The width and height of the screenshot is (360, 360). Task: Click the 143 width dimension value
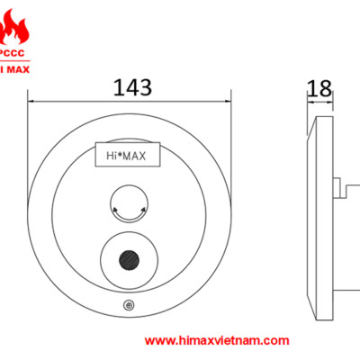click(131, 88)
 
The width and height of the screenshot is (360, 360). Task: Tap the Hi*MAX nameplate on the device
click(127, 156)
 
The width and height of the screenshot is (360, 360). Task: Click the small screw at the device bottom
click(130, 306)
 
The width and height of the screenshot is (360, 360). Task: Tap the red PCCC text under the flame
click(18, 52)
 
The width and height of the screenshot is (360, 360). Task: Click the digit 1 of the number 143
click(117, 88)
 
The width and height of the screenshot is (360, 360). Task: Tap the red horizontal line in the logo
click(18, 58)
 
